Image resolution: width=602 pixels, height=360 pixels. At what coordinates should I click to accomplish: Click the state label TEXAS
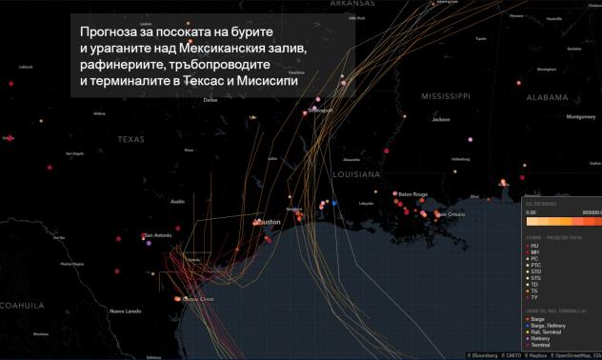[x=131, y=139]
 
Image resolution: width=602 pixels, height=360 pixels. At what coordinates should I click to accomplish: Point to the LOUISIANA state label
[x=355, y=175]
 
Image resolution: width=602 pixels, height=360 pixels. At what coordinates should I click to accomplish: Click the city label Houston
[x=268, y=222]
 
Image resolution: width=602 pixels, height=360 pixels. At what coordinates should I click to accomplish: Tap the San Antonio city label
[x=156, y=235]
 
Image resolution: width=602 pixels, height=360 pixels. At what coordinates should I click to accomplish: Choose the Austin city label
[x=177, y=202]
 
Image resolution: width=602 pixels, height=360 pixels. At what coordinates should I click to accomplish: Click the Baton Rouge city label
[x=411, y=194]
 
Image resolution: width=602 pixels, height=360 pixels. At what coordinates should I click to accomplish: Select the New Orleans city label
[x=451, y=214]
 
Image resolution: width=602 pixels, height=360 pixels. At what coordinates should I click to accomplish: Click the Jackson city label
[x=440, y=120]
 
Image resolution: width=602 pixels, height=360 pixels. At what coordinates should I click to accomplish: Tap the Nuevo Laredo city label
[x=125, y=311]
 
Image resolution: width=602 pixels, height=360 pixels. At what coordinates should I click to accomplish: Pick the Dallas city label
[x=211, y=99]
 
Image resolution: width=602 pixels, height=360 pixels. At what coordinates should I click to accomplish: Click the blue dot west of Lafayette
[x=334, y=202]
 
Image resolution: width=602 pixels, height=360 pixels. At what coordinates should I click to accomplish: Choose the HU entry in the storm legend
[x=535, y=245]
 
